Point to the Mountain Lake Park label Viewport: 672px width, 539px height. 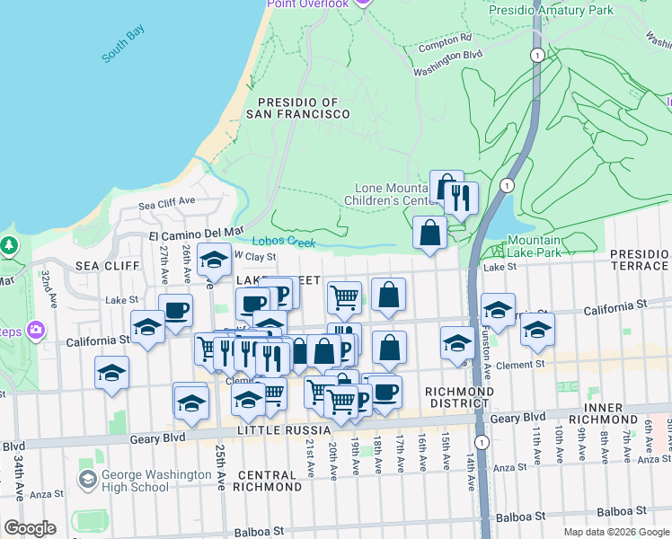[x=534, y=247]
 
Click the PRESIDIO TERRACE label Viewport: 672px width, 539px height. [x=639, y=260]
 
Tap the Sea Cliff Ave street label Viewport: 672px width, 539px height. [x=166, y=202]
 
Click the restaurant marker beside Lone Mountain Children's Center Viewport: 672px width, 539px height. [x=461, y=197]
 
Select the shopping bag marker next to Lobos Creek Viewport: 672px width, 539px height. [x=430, y=232]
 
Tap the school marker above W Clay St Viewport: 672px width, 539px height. [x=214, y=260]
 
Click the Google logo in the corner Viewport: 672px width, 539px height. [x=29, y=528]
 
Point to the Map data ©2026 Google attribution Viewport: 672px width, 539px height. [x=616, y=532]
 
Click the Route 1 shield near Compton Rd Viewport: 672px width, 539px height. [x=536, y=56]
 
